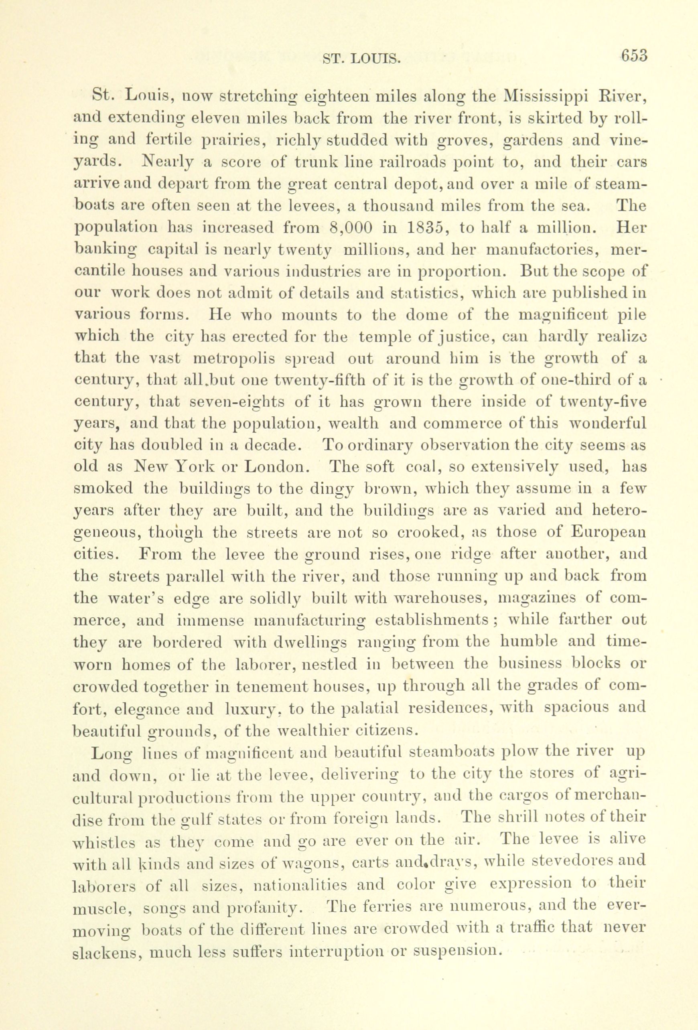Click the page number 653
[x=634, y=56]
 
